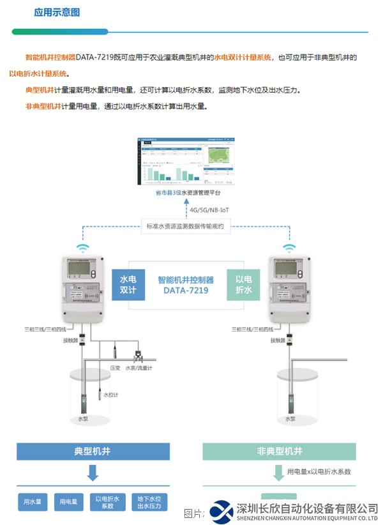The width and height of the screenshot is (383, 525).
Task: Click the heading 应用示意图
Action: click(57, 12)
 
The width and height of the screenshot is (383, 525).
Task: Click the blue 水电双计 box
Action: click(128, 285)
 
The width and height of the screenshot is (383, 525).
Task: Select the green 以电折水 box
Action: click(243, 285)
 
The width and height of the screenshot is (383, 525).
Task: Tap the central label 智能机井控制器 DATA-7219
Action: click(186, 285)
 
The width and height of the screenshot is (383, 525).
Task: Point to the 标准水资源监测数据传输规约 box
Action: click(185, 226)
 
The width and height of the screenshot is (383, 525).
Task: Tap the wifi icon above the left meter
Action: click(82, 248)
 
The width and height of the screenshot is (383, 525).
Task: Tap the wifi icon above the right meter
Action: click(289, 248)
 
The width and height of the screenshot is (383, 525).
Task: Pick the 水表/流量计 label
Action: click(139, 369)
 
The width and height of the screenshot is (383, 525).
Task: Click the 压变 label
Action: click(115, 369)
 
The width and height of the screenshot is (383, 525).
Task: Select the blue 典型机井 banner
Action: click(93, 452)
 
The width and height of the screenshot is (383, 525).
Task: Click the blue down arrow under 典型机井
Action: click(93, 473)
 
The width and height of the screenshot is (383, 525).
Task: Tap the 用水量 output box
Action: click(32, 502)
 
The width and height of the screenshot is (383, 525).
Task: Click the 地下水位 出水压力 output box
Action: click(149, 502)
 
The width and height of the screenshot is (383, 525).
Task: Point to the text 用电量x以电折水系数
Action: click(319, 472)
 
